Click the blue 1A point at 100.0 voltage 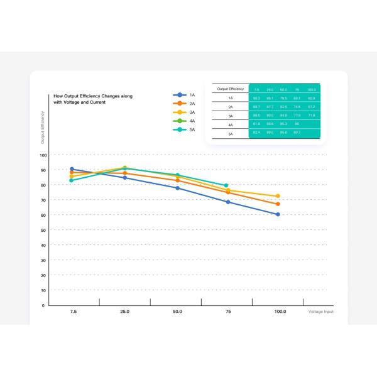coord(278,214)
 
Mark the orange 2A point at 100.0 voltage coord(278,204)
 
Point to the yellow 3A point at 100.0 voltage coord(278,196)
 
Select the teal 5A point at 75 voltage coord(226,185)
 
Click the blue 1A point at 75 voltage coord(228,202)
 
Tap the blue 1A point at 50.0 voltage coord(177,188)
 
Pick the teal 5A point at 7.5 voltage coord(72,180)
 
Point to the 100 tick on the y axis coord(43,155)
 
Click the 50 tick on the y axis coord(43,230)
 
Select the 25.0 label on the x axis coord(124,311)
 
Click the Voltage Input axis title coord(320,311)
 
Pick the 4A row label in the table coord(231,125)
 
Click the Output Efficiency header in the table coord(231,89)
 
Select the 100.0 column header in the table coord(311,89)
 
